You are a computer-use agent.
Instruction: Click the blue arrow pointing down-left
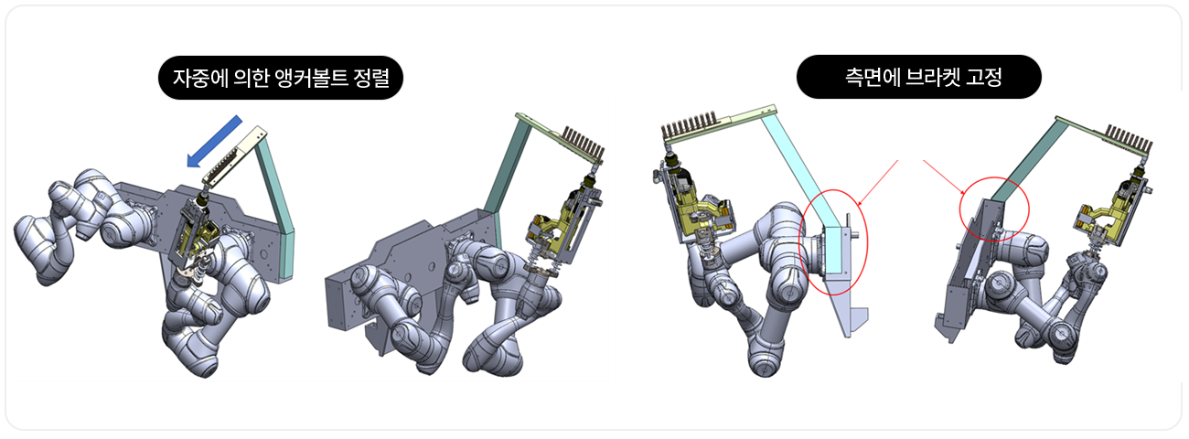tap(214, 142)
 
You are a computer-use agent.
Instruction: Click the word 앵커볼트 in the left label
tap(312, 78)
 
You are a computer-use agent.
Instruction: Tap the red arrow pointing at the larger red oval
tap(877, 183)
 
